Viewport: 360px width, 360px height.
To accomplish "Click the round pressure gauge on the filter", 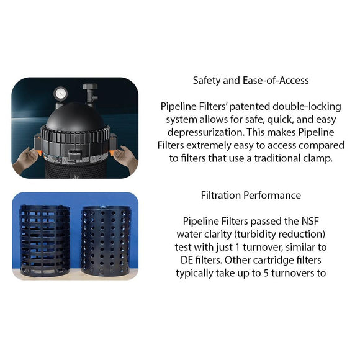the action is point(60,94).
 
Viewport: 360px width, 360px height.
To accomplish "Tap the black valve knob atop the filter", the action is point(90,87).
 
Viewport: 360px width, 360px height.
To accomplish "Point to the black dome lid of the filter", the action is point(75,117).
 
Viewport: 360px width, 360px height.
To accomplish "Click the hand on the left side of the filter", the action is point(25,159).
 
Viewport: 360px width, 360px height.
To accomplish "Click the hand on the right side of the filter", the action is point(126,156).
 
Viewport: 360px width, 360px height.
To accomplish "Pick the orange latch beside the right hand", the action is point(112,153).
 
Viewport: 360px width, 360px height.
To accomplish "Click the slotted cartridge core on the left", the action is point(45,241).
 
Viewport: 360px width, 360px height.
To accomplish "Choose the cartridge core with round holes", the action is point(106,241).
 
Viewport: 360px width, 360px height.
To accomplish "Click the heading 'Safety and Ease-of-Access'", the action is point(251,80).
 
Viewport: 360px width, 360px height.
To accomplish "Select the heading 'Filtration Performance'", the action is point(251,195).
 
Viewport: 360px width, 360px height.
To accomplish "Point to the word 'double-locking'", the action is point(307,107).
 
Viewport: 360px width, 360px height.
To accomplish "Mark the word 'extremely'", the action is point(209,146).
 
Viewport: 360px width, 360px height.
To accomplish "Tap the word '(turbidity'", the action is point(258,235).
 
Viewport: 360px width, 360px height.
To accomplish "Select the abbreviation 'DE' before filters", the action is point(186,260).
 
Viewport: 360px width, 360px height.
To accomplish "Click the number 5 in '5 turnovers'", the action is point(266,273).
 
